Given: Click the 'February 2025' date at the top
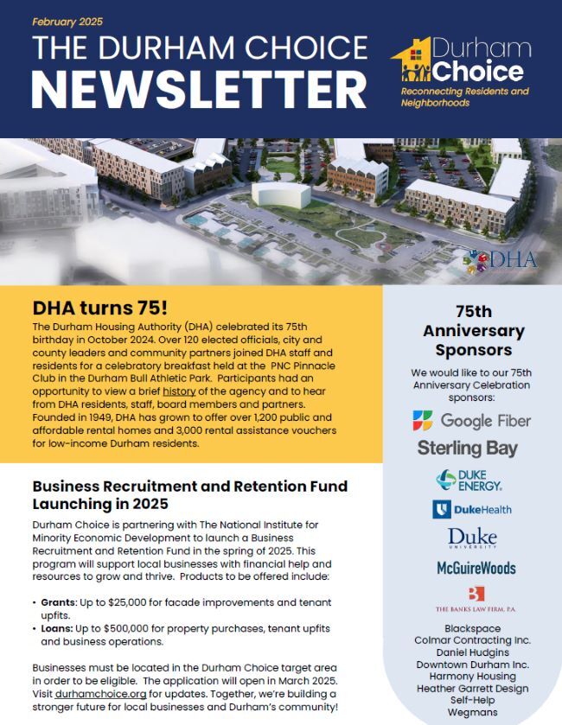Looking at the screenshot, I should point(66,22).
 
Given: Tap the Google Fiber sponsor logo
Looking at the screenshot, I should point(471,421).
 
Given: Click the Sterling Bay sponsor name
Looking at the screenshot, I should point(468,448).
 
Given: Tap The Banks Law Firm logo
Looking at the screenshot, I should point(475,600).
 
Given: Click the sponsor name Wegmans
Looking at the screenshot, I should point(471,711).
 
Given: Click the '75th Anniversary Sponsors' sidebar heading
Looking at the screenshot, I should point(473,331).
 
